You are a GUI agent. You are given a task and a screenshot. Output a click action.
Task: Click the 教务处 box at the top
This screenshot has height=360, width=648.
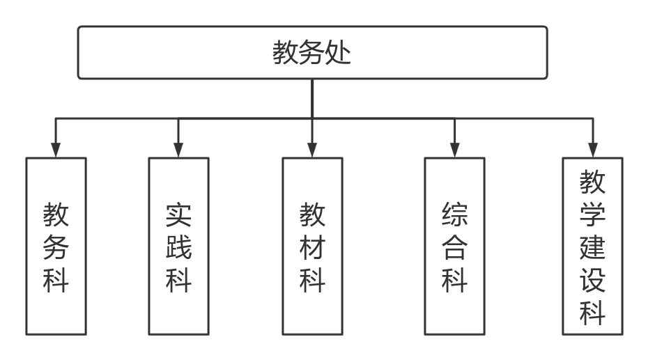pyautogui.click(x=311, y=53)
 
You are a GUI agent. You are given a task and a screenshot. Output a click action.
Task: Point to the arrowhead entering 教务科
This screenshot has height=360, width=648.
pyautogui.click(x=56, y=150)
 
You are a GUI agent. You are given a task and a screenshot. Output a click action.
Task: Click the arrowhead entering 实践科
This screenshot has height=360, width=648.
pyautogui.click(x=178, y=150)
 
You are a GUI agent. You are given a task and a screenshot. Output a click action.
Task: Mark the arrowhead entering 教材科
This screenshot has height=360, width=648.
pyautogui.click(x=312, y=150)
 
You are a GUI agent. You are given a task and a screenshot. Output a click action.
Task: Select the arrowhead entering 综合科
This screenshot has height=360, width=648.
pyautogui.click(x=454, y=150)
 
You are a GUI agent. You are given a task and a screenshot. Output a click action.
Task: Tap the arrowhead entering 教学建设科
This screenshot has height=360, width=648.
pyautogui.click(x=592, y=150)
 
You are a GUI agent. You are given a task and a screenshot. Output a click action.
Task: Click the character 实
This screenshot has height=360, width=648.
pyautogui.click(x=178, y=215)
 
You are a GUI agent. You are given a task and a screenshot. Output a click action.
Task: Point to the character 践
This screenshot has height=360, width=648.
pyautogui.click(x=178, y=247)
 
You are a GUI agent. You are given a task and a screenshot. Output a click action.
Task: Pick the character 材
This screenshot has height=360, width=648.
pyautogui.click(x=312, y=247)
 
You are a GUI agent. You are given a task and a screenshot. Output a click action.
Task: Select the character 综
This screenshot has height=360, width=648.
pyautogui.click(x=454, y=215)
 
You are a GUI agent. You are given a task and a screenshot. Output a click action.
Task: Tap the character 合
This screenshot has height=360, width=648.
pyautogui.click(x=454, y=247)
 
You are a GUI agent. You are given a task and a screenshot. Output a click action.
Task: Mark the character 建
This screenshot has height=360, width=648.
pyautogui.click(x=592, y=247)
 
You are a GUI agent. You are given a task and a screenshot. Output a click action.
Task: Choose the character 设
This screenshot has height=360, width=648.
pyautogui.click(x=592, y=280)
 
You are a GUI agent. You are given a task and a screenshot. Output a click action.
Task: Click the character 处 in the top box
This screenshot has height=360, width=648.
pyautogui.click(x=339, y=53)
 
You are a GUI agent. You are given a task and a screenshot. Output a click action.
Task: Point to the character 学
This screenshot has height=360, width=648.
pyautogui.click(x=592, y=214)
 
